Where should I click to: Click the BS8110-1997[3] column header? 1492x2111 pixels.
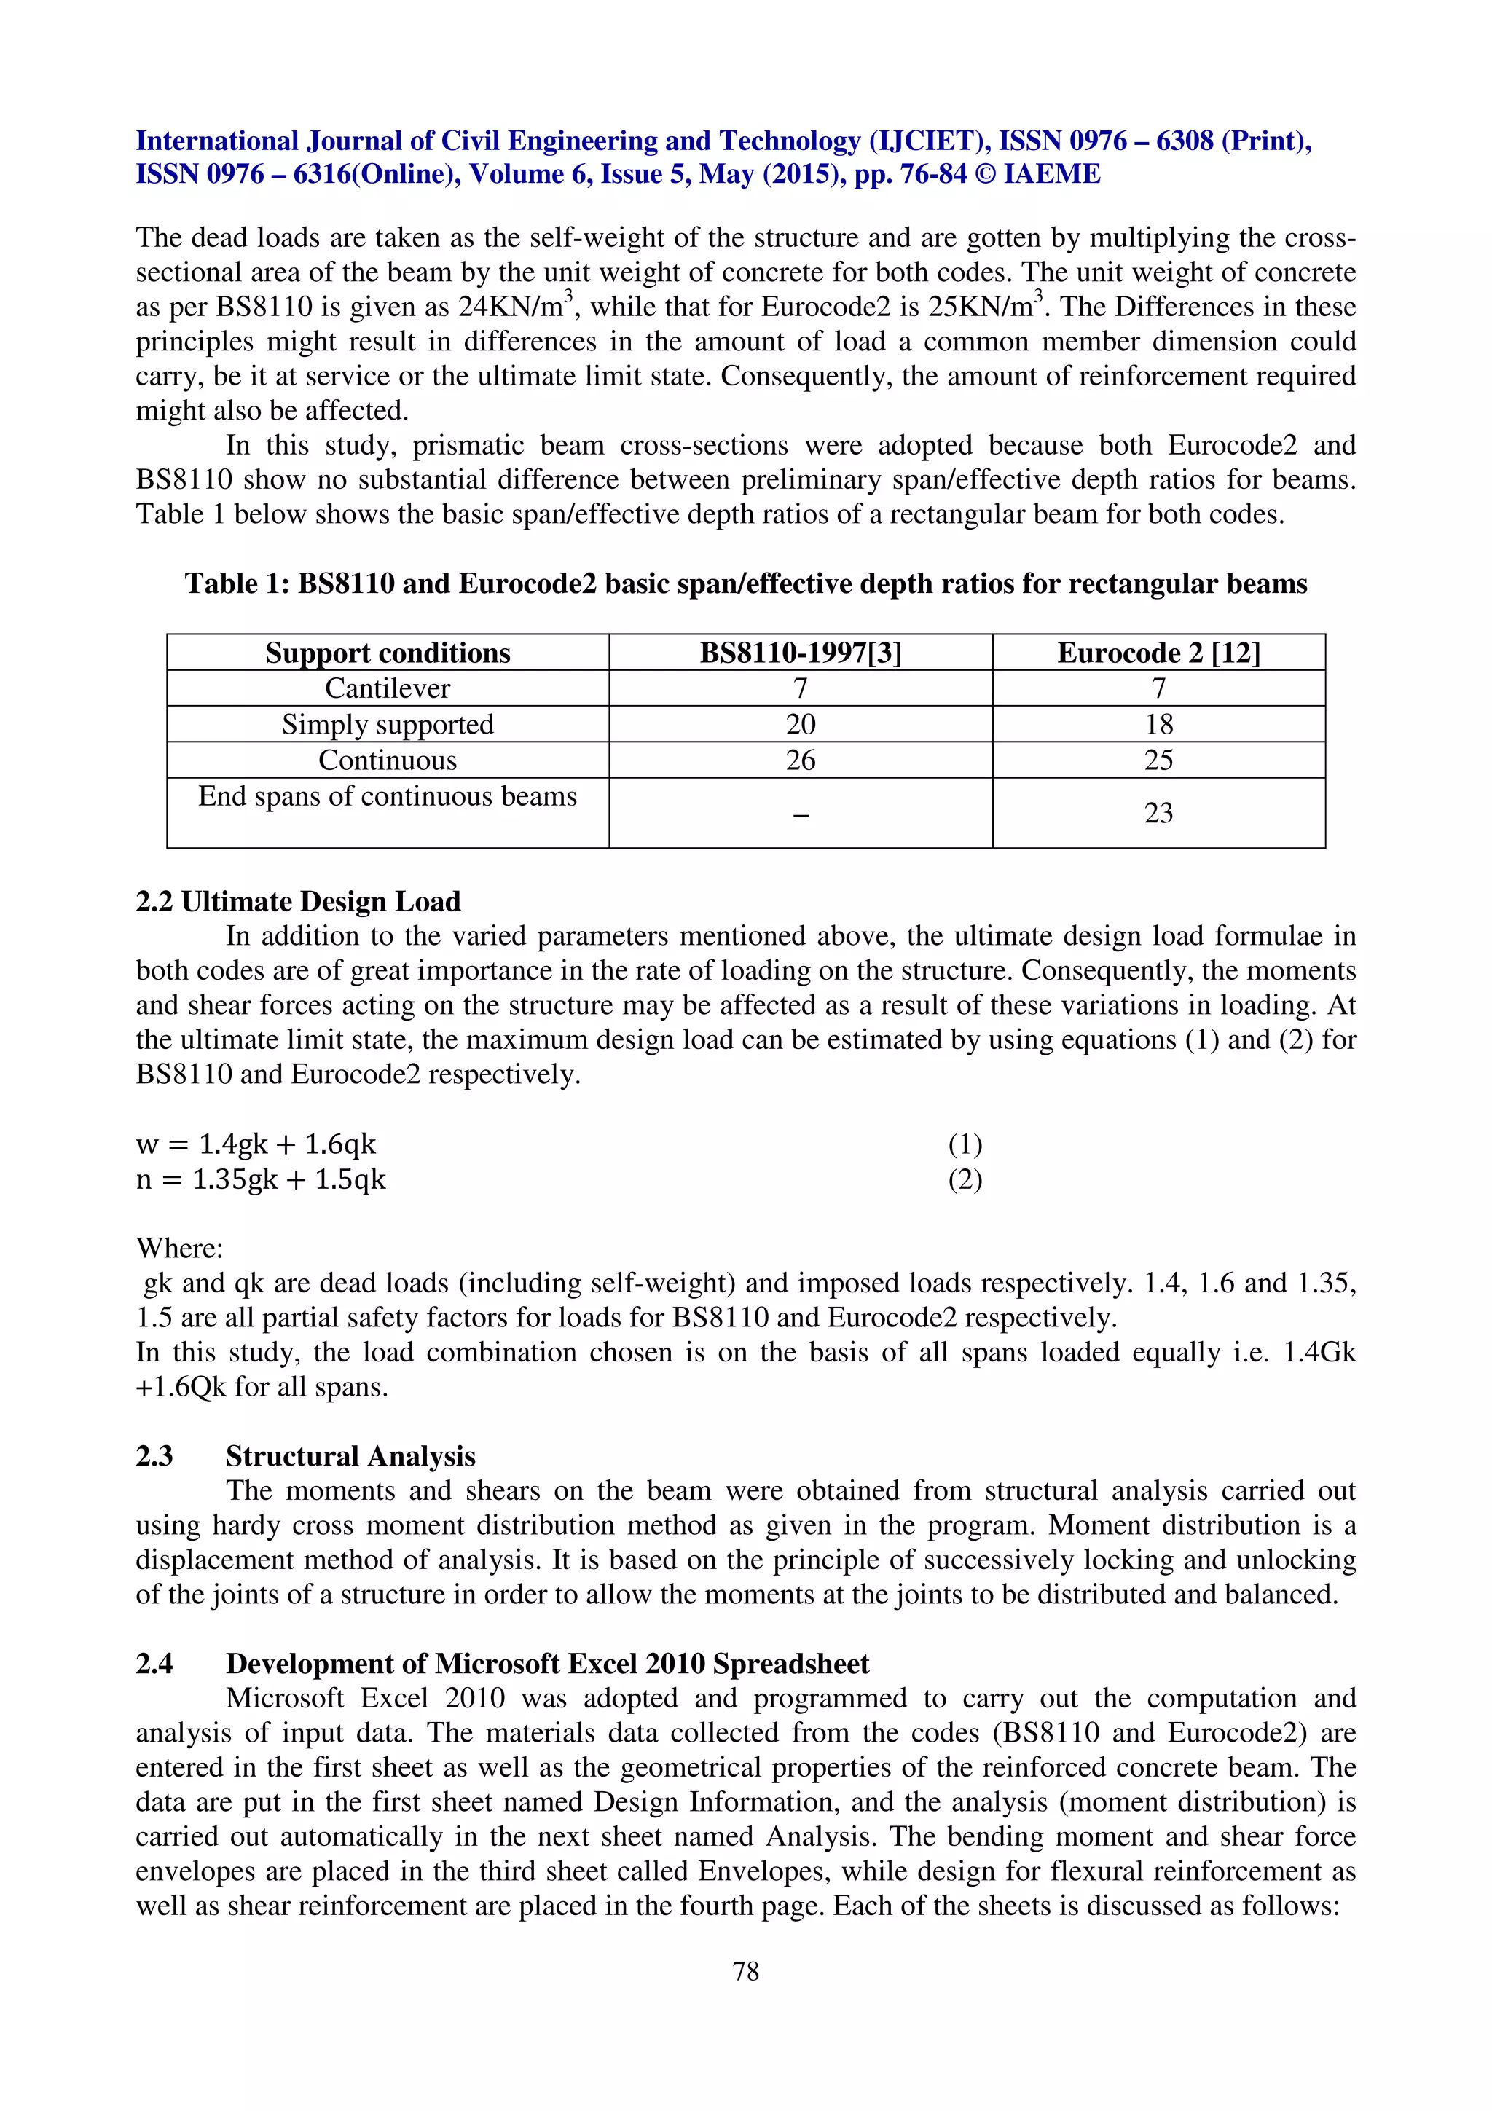pyautogui.click(x=800, y=653)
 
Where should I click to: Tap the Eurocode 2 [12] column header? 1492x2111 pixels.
pyautogui.click(x=1158, y=653)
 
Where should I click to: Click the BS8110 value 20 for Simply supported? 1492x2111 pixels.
pyautogui.click(x=800, y=725)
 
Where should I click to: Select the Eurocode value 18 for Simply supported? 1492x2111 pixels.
pyautogui.click(x=1158, y=725)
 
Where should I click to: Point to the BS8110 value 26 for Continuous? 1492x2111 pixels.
pyautogui.click(x=800, y=760)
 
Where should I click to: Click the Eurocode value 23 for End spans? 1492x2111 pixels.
pyautogui.click(x=1158, y=813)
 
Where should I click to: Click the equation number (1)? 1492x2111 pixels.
pyautogui.click(x=965, y=1144)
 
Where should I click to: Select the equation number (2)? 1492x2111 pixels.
pyautogui.click(x=965, y=1179)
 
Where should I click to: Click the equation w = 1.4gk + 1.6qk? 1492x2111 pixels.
pyautogui.click(x=256, y=1144)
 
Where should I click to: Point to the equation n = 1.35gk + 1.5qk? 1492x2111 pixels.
pyautogui.click(x=261, y=1179)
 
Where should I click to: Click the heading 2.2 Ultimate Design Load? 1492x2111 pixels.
pyautogui.click(x=298, y=901)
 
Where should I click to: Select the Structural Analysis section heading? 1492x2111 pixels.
pyautogui.click(x=350, y=1456)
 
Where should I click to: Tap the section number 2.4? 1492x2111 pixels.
pyautogui.click(x=154, y=1664)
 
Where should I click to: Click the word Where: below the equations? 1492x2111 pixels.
pyautogui.click(x=179, y=1249)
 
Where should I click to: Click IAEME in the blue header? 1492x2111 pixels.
pyautogui.click(x=1052, y=175)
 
